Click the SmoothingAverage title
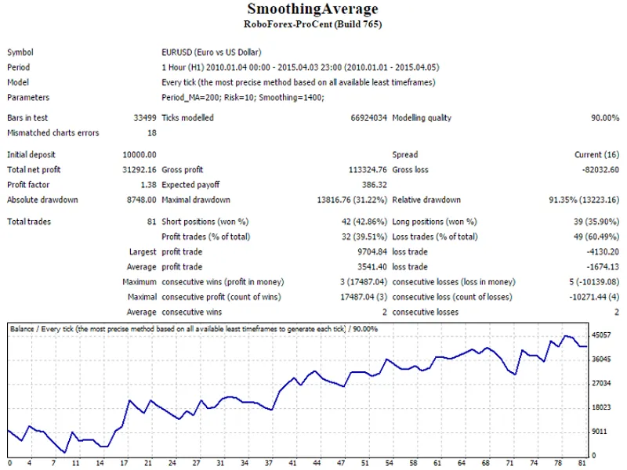click(313, 9)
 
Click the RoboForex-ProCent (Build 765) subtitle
click(313, 24)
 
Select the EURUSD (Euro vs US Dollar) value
click(211, 52)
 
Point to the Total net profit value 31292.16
click(140, 170)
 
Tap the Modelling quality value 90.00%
click(605, 118)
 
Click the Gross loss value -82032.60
click(600, 170)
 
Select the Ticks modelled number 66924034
click(368, 118)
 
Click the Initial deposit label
click(31, 155)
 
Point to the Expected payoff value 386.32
click(375, 185)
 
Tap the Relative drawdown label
click(426, 200)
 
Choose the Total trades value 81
click(151, 222)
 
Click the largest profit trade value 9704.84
click(372, 252)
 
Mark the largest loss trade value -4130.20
click(603, 252)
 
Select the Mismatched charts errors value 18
click(152, 133)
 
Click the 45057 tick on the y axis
click(601, 335)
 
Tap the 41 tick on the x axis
click(292, 463)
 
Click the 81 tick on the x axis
click(582, 463)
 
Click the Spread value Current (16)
click(596, 155)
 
